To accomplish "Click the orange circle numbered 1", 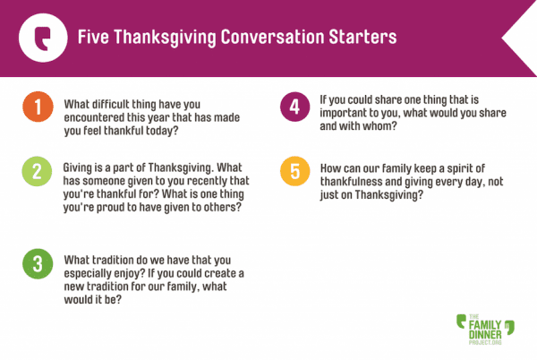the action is click(x=38, y=107).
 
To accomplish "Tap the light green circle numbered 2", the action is click(x=37, y=171).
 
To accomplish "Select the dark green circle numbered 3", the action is click(x=38, y=264).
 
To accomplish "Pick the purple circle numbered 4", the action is click(x=294, y=107).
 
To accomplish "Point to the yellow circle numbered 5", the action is click(x=294, y=171).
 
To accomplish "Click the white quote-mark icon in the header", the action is click(x=43, y=38).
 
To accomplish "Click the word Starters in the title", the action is click(x=362, y=37).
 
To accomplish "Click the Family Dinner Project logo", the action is click(x=485, y=330).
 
